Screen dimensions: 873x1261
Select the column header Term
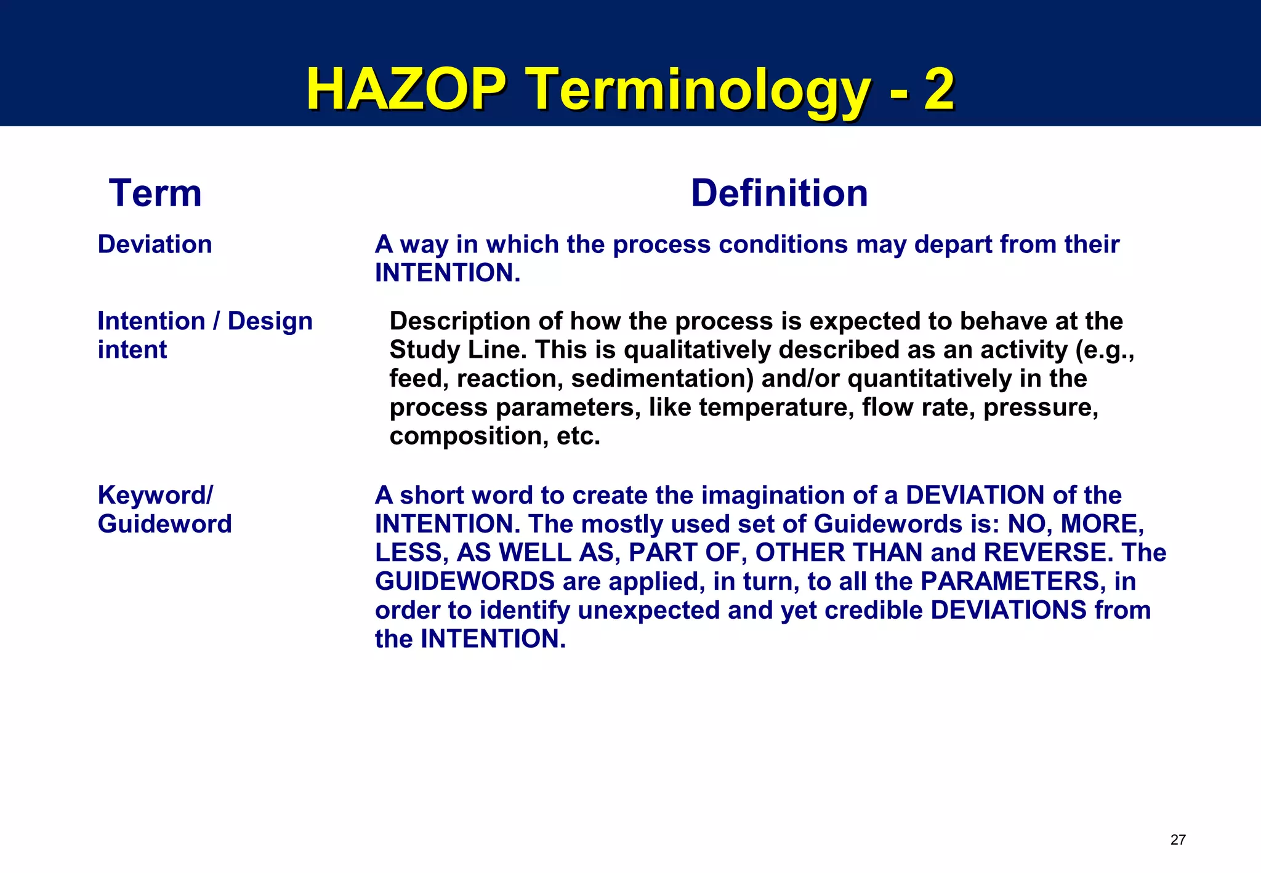click(155, 193)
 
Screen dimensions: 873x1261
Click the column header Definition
click(779, 193)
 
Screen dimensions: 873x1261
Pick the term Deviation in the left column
click(155, 244)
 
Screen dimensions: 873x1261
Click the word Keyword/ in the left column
click(155, 495)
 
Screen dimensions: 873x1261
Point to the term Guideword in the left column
click(164, 524)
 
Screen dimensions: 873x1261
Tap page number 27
click(1177, 840)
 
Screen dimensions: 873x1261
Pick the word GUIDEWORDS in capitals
click(465, 581)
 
